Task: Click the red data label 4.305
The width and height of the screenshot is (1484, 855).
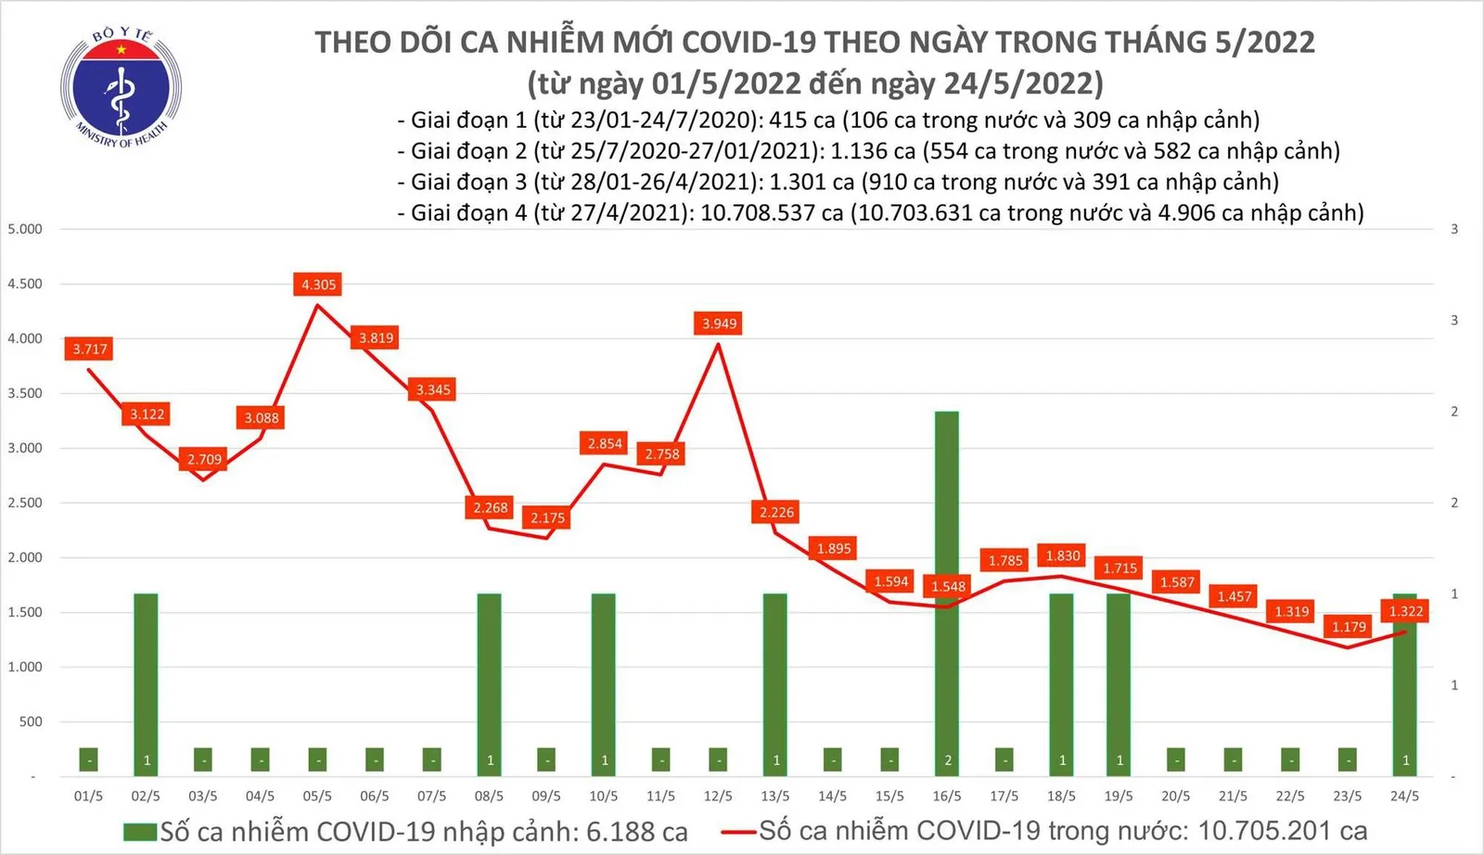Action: [318, 285]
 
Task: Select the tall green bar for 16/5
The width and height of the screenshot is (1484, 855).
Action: [947, 593]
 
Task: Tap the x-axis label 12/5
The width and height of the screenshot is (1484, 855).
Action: [718, 796]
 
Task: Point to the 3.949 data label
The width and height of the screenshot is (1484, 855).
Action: [719, 324]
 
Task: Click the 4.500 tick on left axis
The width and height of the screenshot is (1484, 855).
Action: [25, 284]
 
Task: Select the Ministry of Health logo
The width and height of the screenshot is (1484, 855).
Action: [121, 88]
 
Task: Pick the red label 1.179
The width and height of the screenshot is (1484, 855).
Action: [1349, 627]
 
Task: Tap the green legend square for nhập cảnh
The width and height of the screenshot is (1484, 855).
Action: [140, 832]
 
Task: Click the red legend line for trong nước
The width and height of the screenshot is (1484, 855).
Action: [739, 832]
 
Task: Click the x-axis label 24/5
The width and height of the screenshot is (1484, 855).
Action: [1404, 796]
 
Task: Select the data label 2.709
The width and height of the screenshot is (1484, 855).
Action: [204, 459]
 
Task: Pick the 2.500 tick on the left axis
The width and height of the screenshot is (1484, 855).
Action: [25, 503]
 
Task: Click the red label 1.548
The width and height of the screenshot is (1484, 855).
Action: [948, 586]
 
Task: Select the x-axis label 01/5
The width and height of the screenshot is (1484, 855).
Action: [88, 796]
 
